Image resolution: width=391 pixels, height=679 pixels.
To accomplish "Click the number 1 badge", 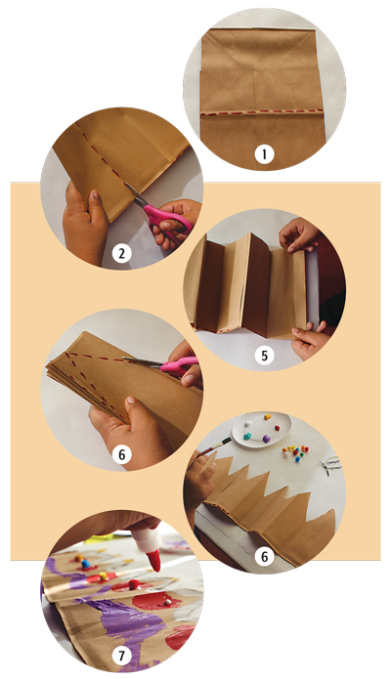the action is tap(264, 153).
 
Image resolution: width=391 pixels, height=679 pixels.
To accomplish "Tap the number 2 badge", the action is tap(121, 253).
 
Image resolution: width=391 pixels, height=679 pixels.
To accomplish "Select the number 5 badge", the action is tap(264, 356).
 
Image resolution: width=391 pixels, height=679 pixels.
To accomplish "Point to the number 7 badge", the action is tap(121, 657).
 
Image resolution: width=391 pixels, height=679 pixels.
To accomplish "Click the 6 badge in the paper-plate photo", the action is tap(264, 557).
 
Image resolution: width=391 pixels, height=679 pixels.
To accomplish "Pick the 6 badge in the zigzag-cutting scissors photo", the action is tap(121, 454).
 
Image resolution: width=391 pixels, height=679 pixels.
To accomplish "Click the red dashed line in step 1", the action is tap(262, 111).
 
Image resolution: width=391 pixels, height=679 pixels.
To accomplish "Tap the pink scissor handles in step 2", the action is tap(168, 221).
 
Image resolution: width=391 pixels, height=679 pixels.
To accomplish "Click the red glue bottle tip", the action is tap(154, 562).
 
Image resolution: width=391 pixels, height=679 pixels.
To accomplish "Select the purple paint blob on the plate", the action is tap(267, 439).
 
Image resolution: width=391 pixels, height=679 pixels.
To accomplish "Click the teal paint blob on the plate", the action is tap(247, 436).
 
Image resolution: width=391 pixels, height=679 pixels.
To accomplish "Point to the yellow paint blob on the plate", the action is tap(268, 417).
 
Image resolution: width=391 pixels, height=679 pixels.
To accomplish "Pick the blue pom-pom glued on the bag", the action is tap(85, 564).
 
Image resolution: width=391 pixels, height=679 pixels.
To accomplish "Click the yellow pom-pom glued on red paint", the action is tap(104, 576).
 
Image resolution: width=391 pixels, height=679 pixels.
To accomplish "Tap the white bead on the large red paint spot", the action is tap(167, 602).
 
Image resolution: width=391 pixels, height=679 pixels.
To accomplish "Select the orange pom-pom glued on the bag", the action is tap(78, 558).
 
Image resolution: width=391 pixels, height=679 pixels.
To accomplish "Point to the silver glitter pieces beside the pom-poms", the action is tap(330, 466).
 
